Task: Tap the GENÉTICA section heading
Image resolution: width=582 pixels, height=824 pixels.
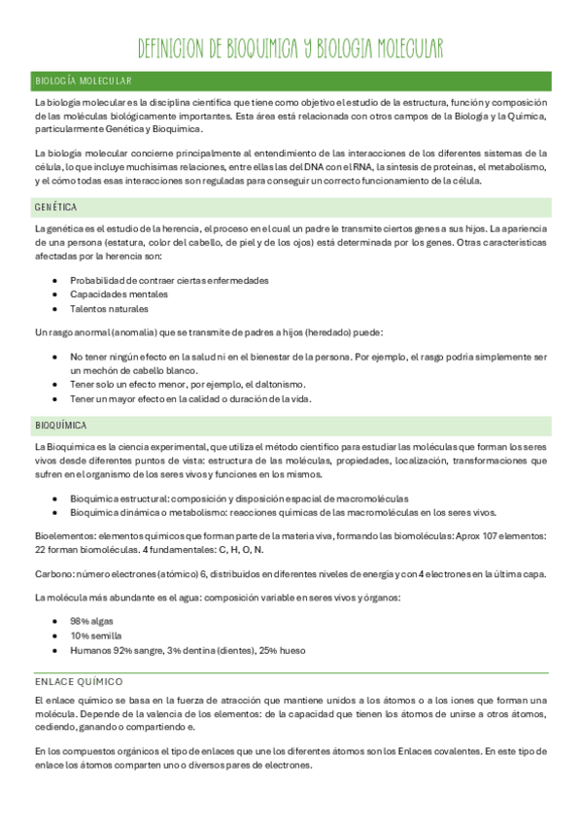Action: [x=55, y=208]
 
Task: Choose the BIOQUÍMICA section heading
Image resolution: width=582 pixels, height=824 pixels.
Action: [x=60, y=426]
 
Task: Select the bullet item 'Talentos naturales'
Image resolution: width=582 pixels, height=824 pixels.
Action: [x=109, y=309]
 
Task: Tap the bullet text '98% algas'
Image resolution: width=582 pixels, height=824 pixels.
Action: [x=92, y=621]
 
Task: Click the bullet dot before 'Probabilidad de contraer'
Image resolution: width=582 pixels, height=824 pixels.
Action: [x=55, y=281]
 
